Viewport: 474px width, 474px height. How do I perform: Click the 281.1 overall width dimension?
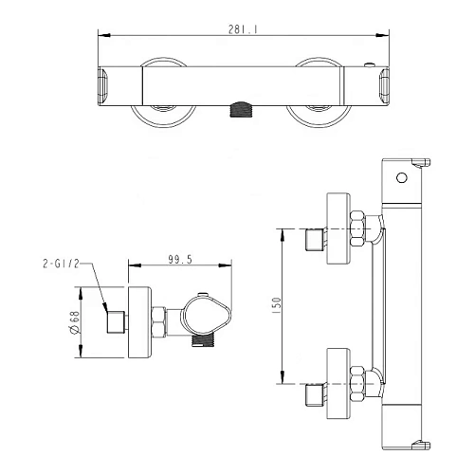point(243,29)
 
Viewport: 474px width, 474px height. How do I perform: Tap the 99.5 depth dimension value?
point(180,260)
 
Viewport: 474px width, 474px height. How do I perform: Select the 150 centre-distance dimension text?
point(276,305)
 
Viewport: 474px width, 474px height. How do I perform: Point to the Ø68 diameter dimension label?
point(75,322)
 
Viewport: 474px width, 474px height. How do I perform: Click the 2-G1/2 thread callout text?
point(61,264)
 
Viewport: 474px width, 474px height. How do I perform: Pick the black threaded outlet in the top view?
point(241,110)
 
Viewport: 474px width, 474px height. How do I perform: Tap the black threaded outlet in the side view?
point(204,340)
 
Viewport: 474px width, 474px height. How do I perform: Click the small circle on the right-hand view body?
point(402,178)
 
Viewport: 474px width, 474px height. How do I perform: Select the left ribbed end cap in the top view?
point(103,85)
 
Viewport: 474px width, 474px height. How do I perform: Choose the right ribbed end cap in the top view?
point(384,86)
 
